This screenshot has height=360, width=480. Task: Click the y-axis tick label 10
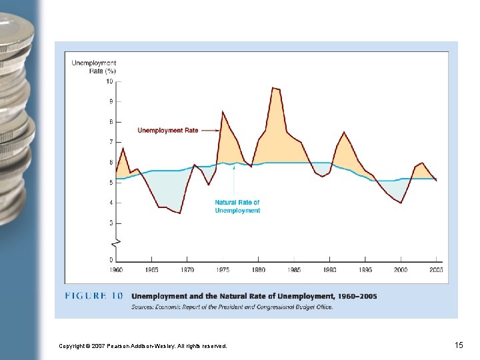point(109,81)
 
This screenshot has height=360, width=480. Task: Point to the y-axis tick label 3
point(111,223)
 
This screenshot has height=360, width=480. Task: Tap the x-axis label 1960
point(116,270)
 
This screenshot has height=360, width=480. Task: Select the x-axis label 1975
point(223,270)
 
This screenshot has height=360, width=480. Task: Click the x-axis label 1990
point(329,270)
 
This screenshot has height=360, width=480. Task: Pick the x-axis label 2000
point(401,270)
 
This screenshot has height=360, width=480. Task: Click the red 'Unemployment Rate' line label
point(169,131)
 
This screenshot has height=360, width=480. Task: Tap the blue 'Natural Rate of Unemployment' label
point(237,206)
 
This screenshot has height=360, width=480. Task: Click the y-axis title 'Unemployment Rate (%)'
point(94,67)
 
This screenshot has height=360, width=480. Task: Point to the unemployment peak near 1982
point(273,88)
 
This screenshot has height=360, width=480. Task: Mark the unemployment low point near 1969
point(179,213)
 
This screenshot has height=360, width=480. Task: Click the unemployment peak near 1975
point(223,111)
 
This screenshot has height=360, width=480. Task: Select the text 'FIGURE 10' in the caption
point(94,296)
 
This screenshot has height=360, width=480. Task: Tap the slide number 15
point(459,345)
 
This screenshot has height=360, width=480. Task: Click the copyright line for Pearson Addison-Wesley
point(143,346)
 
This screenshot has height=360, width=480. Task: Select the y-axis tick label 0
point(111,259)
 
